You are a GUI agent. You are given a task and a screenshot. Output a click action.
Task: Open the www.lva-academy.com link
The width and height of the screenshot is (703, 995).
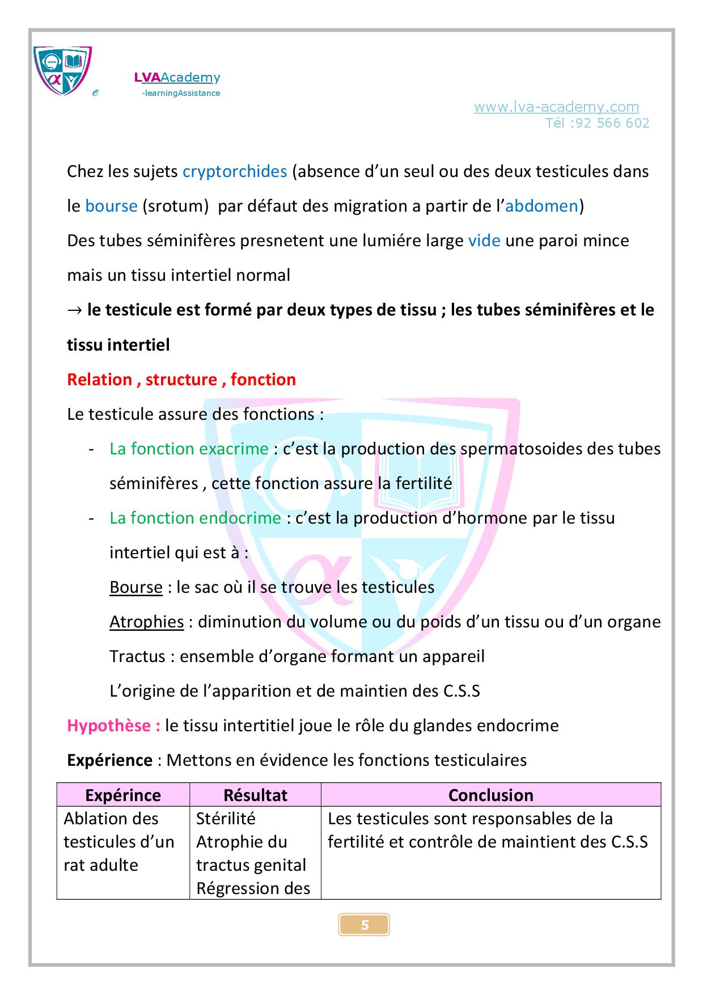coord(556,107)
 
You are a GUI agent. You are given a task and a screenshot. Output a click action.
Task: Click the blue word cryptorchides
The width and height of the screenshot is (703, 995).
coord(235,171)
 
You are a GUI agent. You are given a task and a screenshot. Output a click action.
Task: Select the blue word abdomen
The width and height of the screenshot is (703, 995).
coord(541,206)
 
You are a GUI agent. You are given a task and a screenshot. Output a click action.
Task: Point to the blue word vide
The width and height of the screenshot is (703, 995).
coord(484,241)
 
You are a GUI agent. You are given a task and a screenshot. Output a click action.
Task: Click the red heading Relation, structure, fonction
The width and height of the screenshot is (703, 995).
coord(181,380)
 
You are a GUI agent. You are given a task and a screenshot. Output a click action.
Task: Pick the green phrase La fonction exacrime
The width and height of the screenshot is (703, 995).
coord(189,449)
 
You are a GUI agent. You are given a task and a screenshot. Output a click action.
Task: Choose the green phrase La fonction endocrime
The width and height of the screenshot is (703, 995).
coord(195,518)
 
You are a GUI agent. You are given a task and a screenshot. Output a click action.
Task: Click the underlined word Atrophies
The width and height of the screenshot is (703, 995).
coord(146,622)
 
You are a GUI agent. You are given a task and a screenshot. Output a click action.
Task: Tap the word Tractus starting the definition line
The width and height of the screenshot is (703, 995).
coord(137,656)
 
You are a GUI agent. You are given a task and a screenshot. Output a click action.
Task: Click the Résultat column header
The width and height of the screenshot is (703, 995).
coord(255,795)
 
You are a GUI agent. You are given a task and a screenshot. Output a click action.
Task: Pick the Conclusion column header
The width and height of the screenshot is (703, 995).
coord(490,795)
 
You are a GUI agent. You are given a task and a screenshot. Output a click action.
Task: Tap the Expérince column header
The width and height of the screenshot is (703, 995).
coord(123,795)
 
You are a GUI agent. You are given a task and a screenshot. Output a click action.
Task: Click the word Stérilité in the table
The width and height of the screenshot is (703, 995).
coord(226,819)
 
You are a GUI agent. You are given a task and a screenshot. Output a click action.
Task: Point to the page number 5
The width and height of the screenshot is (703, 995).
coord(365,925)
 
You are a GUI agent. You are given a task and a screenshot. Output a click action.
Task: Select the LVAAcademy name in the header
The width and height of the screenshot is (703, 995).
coord(177,78)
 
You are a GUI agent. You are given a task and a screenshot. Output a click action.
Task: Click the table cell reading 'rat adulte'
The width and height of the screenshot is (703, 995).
coord(101,865)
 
